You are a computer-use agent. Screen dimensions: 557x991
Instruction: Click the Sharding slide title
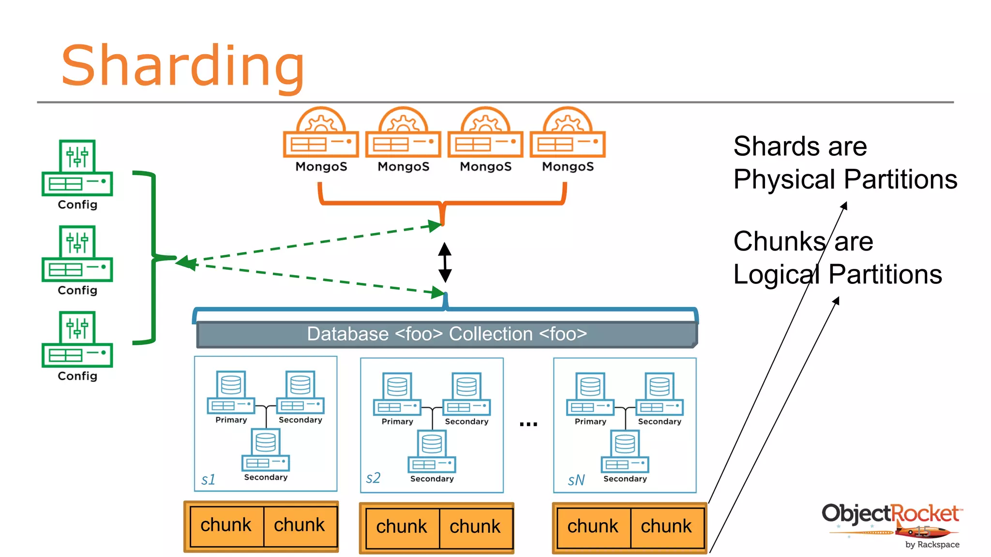(183, 66)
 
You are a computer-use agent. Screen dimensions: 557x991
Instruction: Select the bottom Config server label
(77, 376)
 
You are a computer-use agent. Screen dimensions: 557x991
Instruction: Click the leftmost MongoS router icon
(321, 133)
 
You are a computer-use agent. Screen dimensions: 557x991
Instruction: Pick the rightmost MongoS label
(568, 166)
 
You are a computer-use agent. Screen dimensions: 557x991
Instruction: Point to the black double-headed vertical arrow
(445, 263)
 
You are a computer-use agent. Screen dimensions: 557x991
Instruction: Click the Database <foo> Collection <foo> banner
(446, 334)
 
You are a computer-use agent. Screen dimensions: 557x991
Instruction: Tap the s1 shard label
(208, 479)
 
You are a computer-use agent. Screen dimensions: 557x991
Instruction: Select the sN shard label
(576, 480)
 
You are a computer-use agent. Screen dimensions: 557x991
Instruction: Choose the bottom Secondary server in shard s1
(266, 450)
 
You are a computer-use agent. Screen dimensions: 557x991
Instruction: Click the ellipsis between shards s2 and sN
(528, 424)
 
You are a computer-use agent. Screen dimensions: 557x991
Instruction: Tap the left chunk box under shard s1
(226, 526)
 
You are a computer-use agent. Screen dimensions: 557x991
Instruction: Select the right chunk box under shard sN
(666, 527)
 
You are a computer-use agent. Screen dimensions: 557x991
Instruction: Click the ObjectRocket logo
(891, 525)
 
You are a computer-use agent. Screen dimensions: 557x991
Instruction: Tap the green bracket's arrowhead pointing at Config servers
(185, 263)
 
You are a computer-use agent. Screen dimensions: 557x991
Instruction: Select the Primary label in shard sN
(590, 422)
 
